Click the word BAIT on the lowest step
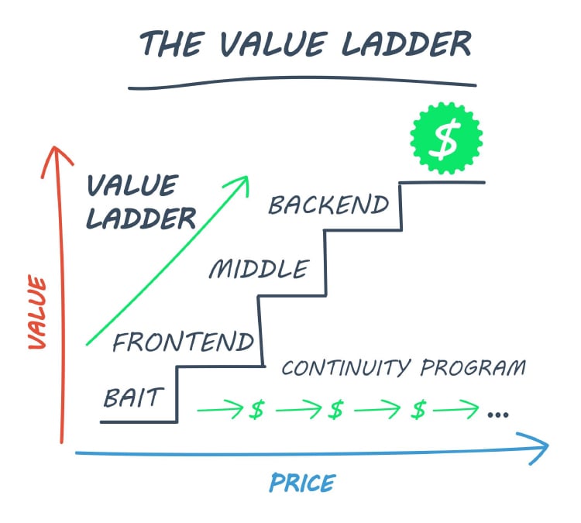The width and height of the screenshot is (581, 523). pyautogui.click(x=133, y=397)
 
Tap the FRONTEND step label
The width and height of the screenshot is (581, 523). pyautogui.click(x=183, y=342)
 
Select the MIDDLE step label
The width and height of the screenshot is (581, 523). pyautogui.click(x=259, y=269)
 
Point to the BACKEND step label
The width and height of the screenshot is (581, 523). pyautogui.click(x=328, y=205)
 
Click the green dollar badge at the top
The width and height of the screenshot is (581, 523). pyautogui.click(x=446, y=138)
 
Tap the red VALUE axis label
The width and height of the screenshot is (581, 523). pyautogui.click(x=37, y=311)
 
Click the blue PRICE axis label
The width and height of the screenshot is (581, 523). pyautogui.click(x=302, y=483)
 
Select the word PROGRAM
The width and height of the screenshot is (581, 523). pyautogui.click(x=473, y=367)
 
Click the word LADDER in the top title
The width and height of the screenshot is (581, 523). pyautogui.click(x=406, y=43)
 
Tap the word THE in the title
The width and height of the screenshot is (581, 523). pyautogui.click(x=172, y=43)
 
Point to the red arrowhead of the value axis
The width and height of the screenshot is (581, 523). pyautogui.click(x=57, y=147)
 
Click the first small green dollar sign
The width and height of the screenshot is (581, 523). pyautogui.click(x=256, y=410)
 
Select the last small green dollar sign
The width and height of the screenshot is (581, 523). pyautogui.click(x=418, y=410)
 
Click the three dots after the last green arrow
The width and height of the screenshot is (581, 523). pyautogui.click(x=498, y=415)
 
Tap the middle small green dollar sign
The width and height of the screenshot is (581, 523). pyautogui.click(x=336, y=410)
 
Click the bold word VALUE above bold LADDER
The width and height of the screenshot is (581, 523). pyautogui.click(x=132, y=185)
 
